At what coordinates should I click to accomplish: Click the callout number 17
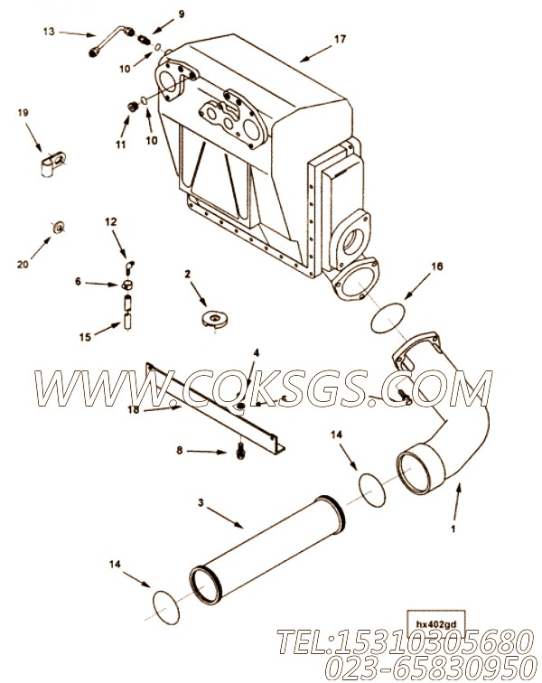340,39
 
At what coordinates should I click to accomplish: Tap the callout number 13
49,32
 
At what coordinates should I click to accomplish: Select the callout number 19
23,113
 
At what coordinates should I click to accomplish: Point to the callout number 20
23,264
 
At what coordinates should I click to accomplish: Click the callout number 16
436,266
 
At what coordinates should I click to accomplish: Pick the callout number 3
201,502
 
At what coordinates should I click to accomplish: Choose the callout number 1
453,529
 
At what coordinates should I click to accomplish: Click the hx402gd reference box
435,624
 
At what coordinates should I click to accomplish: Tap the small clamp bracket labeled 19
53,164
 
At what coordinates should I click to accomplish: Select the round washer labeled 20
59,227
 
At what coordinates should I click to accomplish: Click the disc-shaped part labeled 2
215,318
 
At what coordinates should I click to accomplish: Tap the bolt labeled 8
239,451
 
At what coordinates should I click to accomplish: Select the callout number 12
111,221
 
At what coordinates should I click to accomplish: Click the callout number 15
85,337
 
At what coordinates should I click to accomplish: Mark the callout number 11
121,145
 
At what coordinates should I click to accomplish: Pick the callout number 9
182,14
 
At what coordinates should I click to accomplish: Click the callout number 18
134,409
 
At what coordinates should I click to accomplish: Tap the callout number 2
187,274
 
